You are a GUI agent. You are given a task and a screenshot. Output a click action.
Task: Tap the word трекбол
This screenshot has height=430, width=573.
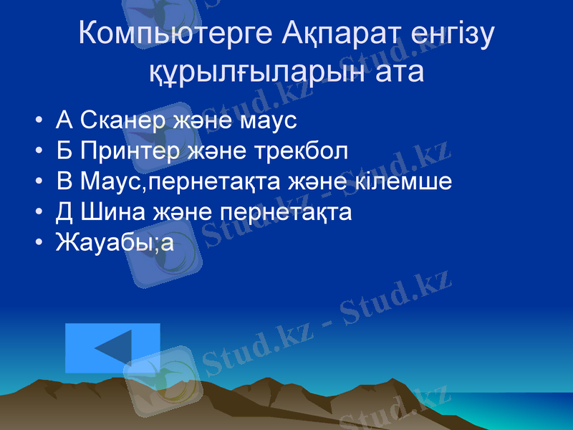tap(300, 150)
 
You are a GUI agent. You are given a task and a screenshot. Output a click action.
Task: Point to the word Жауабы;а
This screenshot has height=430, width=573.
tap(115, 242)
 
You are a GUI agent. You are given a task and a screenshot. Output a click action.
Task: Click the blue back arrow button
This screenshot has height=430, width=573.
tap(112, 348)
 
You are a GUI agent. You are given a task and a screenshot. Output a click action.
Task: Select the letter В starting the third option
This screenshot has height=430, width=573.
tap(64, 181)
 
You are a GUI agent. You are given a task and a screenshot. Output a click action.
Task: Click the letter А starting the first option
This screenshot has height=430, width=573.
tap(64, 120)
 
